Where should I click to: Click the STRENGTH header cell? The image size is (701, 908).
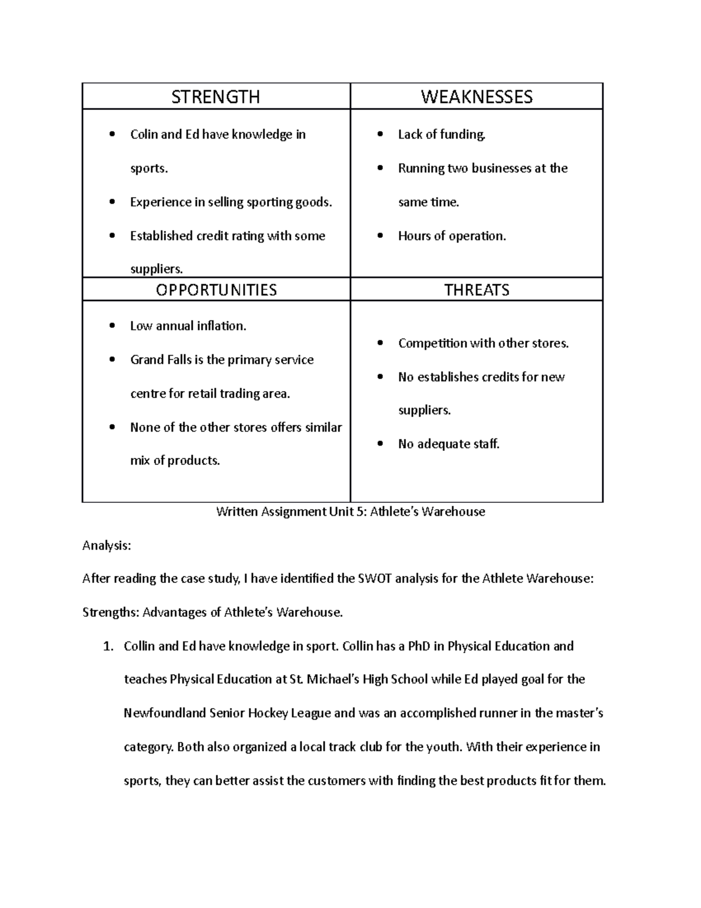(216, 96)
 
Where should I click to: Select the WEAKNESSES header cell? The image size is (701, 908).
(477, 96)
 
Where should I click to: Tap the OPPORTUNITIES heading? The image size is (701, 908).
(216, 290)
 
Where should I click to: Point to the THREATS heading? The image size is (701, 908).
(477, 290)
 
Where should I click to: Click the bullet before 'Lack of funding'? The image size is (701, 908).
(380, 135)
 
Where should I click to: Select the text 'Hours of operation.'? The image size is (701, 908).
(452, 236)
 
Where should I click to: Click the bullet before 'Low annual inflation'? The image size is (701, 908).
(112, 326)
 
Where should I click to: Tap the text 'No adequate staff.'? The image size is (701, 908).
(449, 444)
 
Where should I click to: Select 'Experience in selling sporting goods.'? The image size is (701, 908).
(231, 202)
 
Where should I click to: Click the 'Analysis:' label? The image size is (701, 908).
(107, 546)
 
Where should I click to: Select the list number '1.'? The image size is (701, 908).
(107, 647)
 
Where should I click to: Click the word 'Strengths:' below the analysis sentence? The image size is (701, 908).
(110, 613)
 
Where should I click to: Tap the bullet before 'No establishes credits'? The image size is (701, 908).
(380, 378)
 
